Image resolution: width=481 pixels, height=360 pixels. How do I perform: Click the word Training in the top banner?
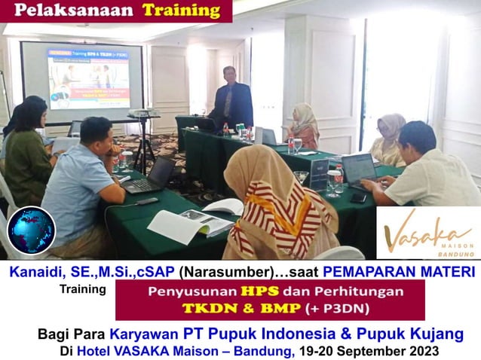[x=181, y=11]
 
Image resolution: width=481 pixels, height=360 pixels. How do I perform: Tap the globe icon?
[x=31, y=230]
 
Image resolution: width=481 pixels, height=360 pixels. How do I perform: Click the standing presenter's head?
[x=230, y=74]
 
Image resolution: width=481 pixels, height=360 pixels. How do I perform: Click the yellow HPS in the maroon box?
[x=234, y=291]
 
